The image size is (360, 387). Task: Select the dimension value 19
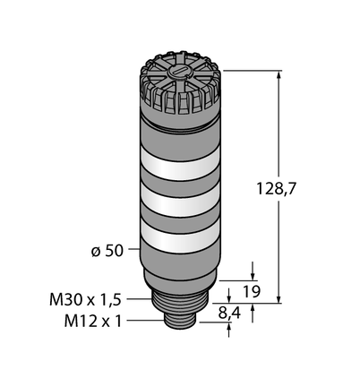click(x=252, y=292)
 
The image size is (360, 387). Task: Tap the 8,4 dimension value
click(x=229, y=314)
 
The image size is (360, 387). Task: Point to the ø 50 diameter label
click(x=107, y=251)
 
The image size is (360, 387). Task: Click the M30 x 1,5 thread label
click(x=85, y=299)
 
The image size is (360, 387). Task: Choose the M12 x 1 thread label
click(x=93, y=322)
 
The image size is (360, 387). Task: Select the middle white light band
click(x=180, y=200)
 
